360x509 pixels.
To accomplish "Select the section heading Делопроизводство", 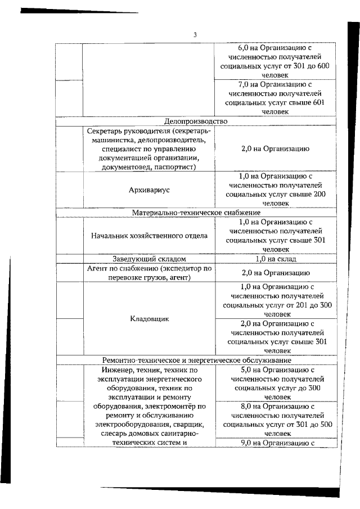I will coord(195,121).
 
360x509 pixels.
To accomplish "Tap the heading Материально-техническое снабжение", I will coord(196,213).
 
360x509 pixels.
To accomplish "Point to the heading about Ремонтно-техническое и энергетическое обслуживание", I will coord(196,360).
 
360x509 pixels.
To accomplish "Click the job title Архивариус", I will coord(149,190).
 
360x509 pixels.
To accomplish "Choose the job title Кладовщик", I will coord(149,318).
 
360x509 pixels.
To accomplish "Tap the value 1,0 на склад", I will coord(276,259).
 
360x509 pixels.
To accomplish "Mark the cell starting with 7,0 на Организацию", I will coord(276,98).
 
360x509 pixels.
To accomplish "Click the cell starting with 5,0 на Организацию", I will coord(276,384).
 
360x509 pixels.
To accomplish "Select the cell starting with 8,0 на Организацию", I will coord(276,420).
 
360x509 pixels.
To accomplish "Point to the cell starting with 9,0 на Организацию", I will coord(276,443).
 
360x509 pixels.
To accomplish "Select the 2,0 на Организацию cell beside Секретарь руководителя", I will coord(276,149).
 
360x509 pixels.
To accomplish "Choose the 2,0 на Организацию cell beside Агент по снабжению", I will coord(276,273).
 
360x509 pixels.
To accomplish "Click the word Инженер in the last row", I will coord(119,370).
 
